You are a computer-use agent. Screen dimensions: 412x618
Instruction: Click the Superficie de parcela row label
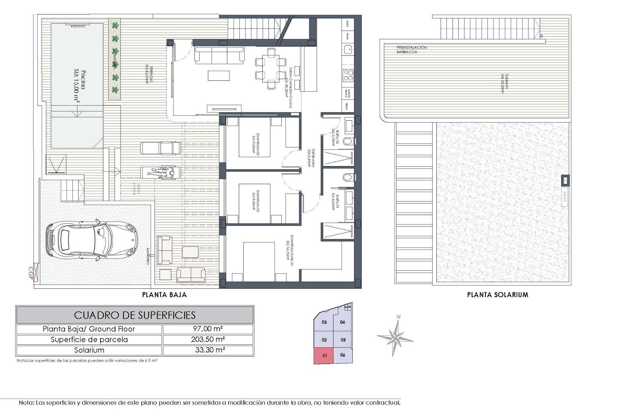(89, 340)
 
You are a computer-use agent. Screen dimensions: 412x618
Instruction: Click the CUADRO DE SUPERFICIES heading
(135, 315)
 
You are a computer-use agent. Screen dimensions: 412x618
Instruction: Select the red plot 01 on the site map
(324, 356)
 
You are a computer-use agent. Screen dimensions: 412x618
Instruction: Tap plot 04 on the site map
(342, 322)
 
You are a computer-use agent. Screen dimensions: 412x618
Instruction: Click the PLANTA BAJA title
(164, 295)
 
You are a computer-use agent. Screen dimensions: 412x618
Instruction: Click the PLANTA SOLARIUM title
(498, 295)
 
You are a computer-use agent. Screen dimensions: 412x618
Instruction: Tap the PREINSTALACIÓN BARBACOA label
(411, 50)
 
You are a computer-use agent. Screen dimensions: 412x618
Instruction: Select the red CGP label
(31, 273)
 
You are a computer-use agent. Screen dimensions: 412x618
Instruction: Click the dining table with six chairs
(271, 68)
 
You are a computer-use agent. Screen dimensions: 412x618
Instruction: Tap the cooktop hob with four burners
(348, 75)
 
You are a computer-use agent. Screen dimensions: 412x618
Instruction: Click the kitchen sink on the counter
(348, 49)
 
